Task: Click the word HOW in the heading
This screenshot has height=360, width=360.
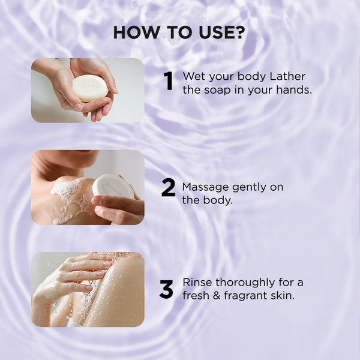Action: (x=136, y=32)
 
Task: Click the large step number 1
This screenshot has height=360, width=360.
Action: (x=169, y=81)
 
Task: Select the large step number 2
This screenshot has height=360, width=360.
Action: (x=168, y=188)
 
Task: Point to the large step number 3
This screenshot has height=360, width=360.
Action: (x=166, y=290)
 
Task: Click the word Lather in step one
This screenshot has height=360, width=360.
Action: (x=287, y=76)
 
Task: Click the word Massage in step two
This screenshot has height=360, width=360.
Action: (x=206, y=188)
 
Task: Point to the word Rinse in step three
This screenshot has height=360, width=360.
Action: (x=197, y=283)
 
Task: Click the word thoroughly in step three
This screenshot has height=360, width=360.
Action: (x=245, y=283)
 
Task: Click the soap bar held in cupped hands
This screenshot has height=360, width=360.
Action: (x=90, y=88)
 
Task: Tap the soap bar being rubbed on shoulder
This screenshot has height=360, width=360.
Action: (x=113, y=186)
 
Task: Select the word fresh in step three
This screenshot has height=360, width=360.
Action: (x=196, y=295)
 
